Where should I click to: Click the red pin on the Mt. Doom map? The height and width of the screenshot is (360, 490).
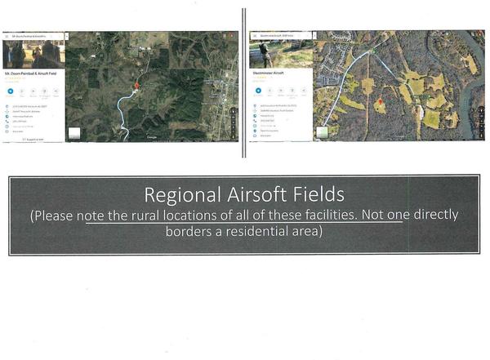[x=136, y=84]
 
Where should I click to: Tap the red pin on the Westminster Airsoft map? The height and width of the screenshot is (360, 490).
[x=378, y=100]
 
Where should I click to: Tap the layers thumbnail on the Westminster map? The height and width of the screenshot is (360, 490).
[x=322, y=131]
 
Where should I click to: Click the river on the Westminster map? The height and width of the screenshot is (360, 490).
[x=471, y=90]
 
